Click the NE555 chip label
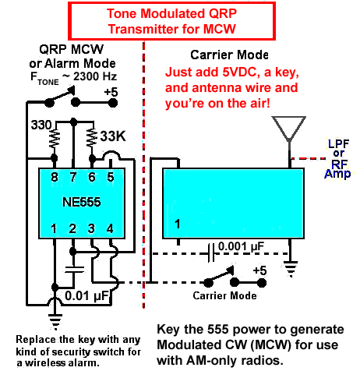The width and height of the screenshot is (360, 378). click(82, 202)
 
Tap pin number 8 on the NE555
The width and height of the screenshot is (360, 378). click(55, 177)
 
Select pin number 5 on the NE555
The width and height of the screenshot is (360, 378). click(111, 177)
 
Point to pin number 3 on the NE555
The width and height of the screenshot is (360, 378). click(91, 228)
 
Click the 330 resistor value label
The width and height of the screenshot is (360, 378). click(41, 125)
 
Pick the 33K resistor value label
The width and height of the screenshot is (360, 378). click(113, 136)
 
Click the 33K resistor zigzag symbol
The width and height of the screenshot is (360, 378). click(91, 138)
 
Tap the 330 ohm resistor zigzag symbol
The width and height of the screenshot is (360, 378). click(55, 139)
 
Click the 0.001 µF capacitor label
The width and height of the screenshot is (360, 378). click(241, 246)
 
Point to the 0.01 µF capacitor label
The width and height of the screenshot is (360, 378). click(86, 295)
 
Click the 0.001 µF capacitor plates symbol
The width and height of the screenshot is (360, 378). click(211, 253)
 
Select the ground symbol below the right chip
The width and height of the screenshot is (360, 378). click(291, 269)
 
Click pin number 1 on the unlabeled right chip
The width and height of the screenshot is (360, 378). click(178, 224)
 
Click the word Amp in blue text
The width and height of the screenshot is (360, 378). click(337, 174)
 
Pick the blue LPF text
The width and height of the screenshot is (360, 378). click(339, 143)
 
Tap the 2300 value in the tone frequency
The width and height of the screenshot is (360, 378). click(85, 76)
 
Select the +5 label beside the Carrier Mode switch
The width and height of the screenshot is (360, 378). click(259, 270)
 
